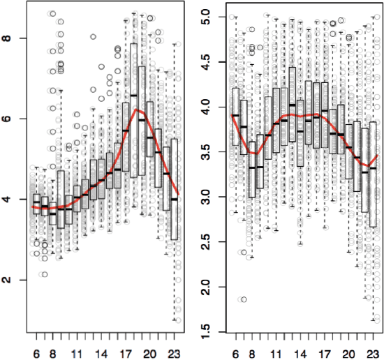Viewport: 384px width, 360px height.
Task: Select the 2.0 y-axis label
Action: [x=207, y=287]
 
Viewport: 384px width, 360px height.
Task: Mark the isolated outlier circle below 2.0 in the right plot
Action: [x=243, y=299]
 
